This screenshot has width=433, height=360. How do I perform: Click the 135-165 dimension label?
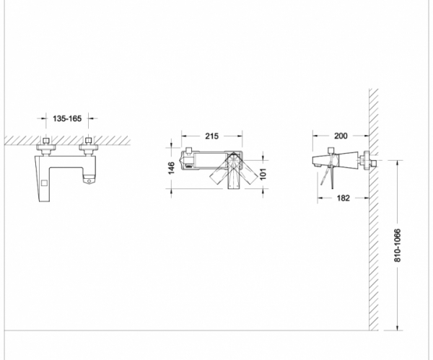(x=67, y=119)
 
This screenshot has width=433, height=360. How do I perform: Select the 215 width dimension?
(x=211, y=136)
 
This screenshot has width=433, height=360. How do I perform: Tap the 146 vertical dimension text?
(x=171, y=168)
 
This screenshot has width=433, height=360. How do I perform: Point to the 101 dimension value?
(x=263, y=174)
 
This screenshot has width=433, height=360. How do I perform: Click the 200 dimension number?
(x=341, y=136)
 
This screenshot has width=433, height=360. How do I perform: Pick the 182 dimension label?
(x=344, y=198)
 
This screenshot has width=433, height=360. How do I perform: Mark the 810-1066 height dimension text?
(x=397, y=245)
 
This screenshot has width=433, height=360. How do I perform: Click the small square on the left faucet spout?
(x=44, y=183)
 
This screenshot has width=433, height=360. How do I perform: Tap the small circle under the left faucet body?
(x=89, y=181)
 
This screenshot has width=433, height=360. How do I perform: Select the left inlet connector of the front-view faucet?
(x=46, y=146)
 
